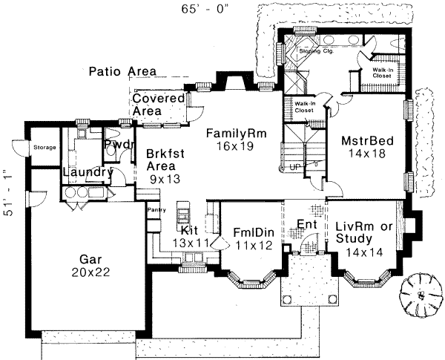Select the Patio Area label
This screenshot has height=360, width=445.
(x=116, y=71)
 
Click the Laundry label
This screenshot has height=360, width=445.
(x=86, y=173)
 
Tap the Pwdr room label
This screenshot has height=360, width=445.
(x=117, y=144)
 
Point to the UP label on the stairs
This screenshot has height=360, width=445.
(x=294, y=166)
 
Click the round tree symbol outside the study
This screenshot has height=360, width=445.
(x=420, y=294)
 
